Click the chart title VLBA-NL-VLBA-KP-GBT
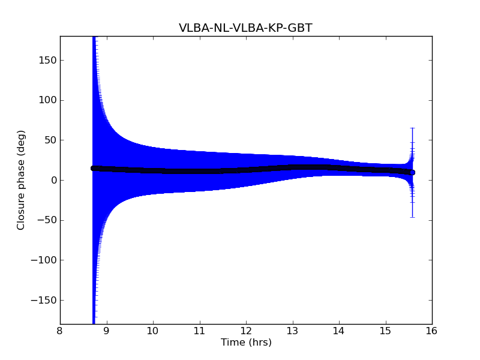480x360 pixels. tap(245, 28)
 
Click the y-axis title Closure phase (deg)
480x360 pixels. tap(22, 180)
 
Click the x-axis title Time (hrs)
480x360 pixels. tap(246, 343)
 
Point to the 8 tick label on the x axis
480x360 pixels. tap(60, 331)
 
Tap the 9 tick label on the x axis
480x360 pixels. tap(107, 331)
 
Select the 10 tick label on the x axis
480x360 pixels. tap(153, 331)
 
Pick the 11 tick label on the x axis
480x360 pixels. tap(199, 331)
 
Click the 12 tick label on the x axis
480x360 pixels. tap(246, 331)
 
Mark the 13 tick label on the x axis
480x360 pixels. tap(292, 331)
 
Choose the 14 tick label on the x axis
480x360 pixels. tap(339, 331)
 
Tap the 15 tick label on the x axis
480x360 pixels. tap(385, 331)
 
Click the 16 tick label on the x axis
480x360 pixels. tap(432, 331)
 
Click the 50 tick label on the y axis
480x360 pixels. tap(51, 140)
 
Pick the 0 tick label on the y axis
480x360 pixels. tap(53, 180)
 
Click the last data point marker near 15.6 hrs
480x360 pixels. tap(412, 172)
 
